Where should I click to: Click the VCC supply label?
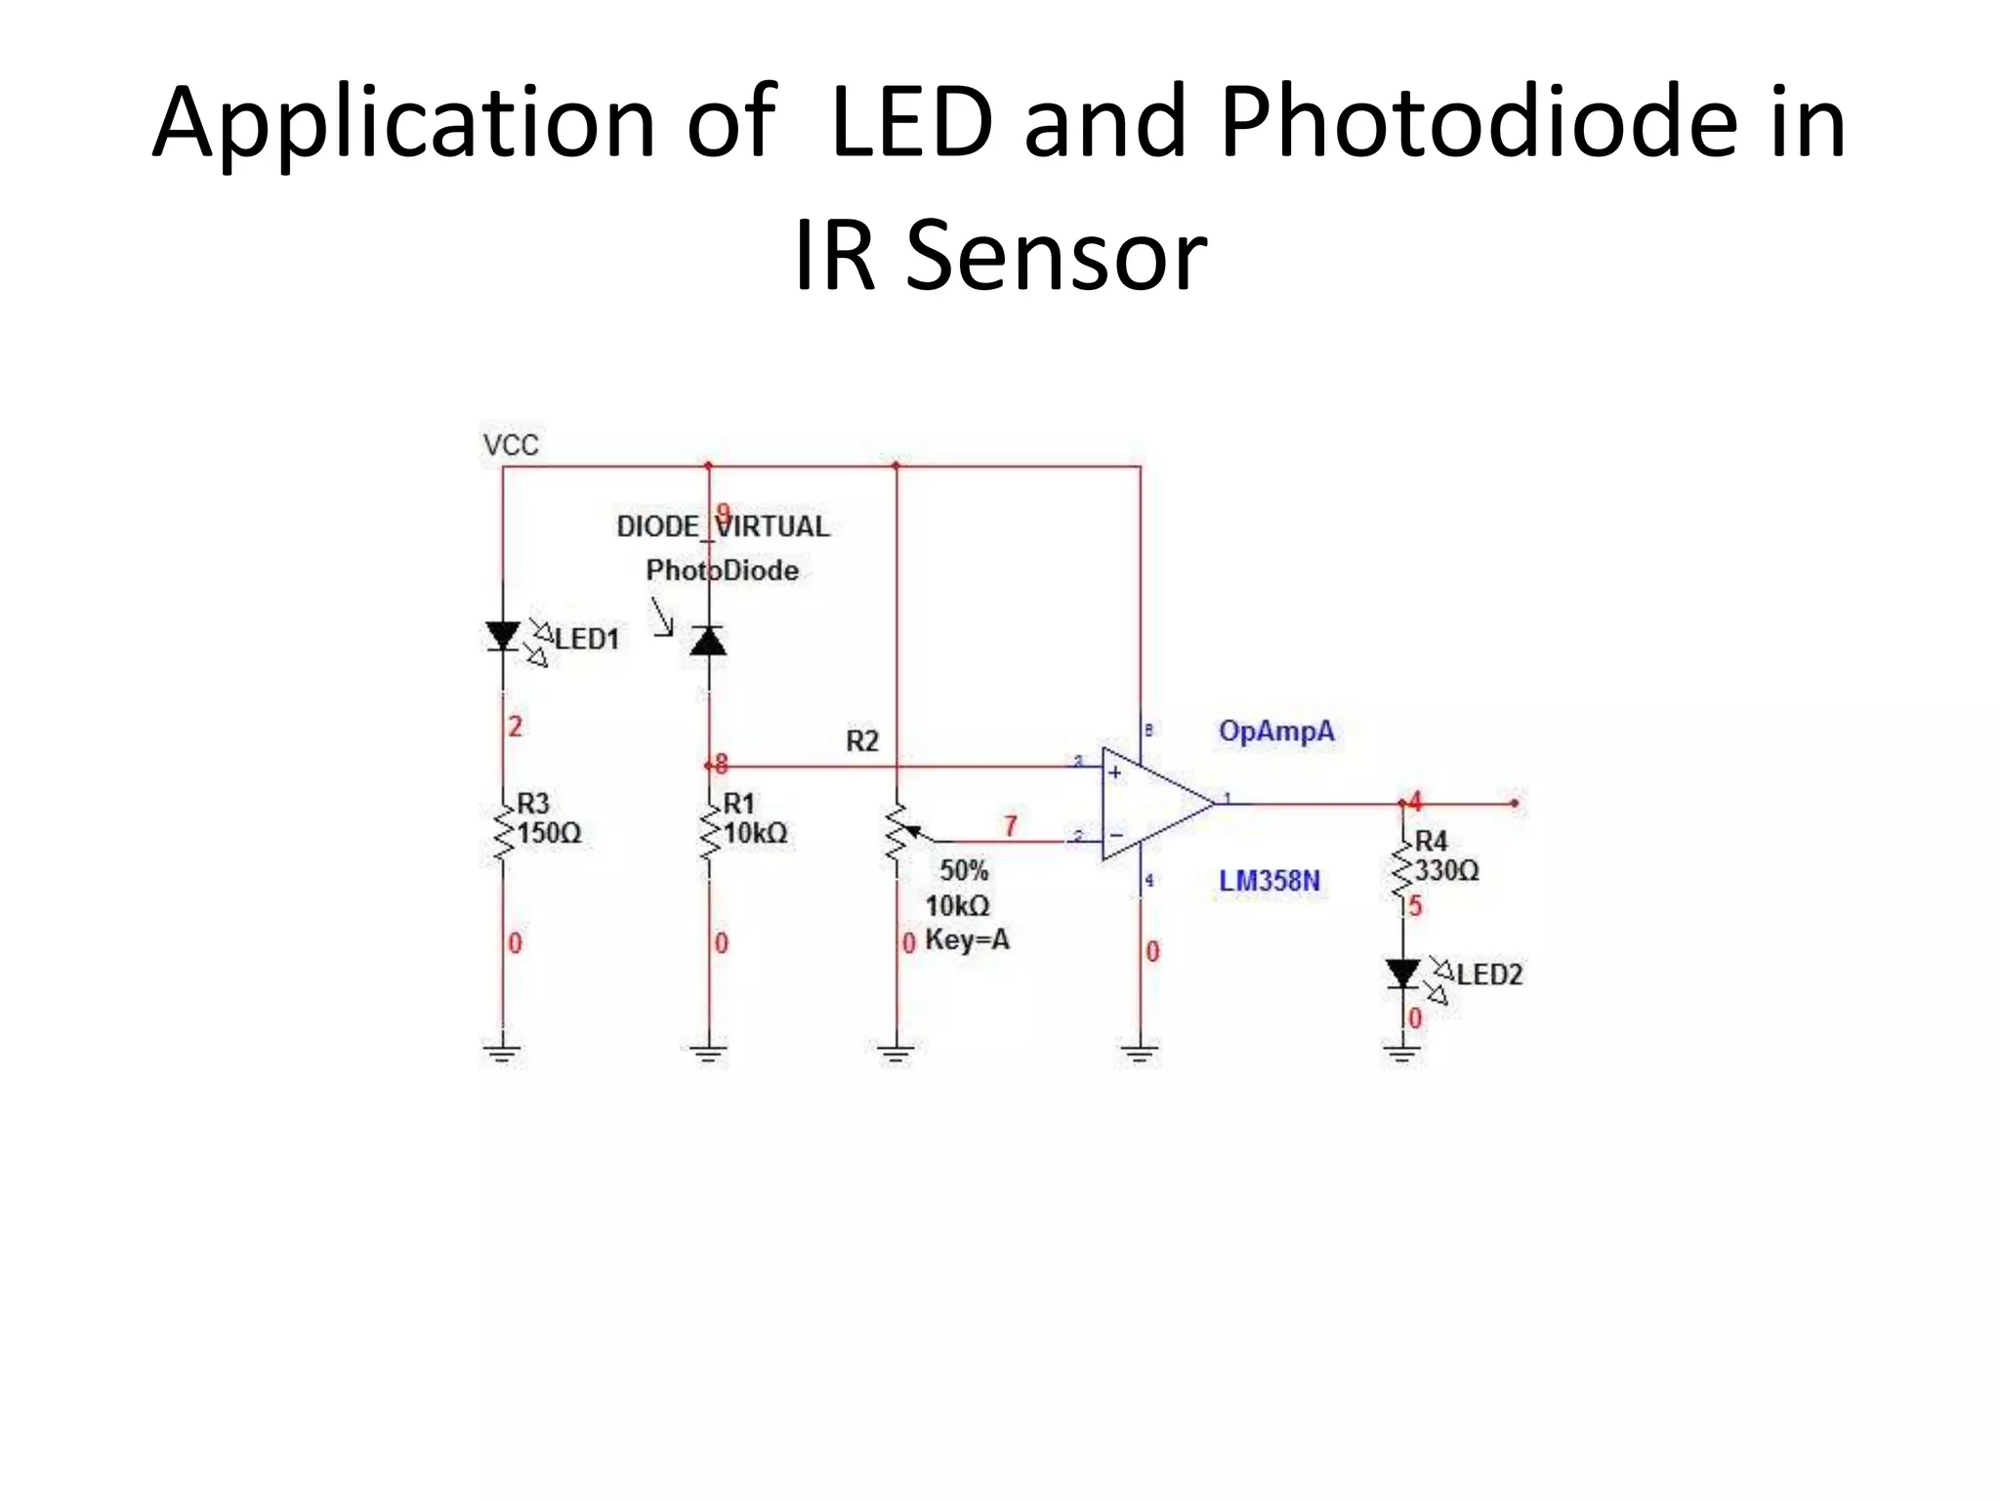(511, 445)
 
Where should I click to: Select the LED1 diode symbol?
(503, 637)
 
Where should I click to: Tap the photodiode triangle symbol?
(708, 642)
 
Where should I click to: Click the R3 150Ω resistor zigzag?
(503, 833)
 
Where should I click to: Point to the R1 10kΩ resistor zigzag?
(709, 833)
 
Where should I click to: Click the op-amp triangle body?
(1152, 804)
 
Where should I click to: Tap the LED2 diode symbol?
(1403, 974)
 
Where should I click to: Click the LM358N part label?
(1269, 881)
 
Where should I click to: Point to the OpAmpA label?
(1275, 731)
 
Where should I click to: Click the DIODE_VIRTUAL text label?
(723, 527)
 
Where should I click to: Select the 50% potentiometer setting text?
(964, 870)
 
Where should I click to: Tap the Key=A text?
(967, 940)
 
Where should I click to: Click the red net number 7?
(1011, 826)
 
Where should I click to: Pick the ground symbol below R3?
(503, 1053)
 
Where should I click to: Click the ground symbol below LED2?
(1402, 1053)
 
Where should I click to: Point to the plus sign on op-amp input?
(1114, 773)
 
